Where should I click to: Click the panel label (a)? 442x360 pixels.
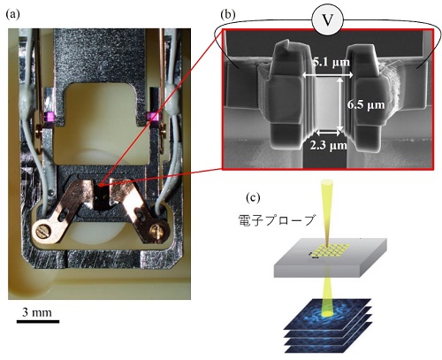click(12, 14)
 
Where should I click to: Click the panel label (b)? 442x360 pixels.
click(228, 14)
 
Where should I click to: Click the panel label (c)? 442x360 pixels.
click(253, 197)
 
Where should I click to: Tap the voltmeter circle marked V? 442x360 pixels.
click(328, 20)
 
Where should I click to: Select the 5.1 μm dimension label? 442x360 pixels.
click(331, 62)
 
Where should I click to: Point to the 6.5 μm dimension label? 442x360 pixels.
click(366, 104)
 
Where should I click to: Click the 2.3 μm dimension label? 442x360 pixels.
click(328, 145)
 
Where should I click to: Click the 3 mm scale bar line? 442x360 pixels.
click(38, 321)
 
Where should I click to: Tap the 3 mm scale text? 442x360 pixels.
click(37, 312)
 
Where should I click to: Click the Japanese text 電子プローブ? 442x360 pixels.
click(277, 220)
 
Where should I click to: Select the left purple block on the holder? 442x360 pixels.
click(49, 117)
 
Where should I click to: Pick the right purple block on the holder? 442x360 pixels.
click(152, 117)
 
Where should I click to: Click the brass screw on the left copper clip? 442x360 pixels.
click(42, 230)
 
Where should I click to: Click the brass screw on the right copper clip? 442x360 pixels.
click(156, 231)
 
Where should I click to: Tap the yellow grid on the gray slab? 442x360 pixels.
click(330, 250)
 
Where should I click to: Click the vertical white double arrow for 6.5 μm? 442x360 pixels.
click(339, 103)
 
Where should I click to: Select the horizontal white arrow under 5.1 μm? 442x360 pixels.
click(328, 75)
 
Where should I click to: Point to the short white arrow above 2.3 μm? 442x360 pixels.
click(328, 133)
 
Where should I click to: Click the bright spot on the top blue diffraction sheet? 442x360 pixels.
click(324, 316)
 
